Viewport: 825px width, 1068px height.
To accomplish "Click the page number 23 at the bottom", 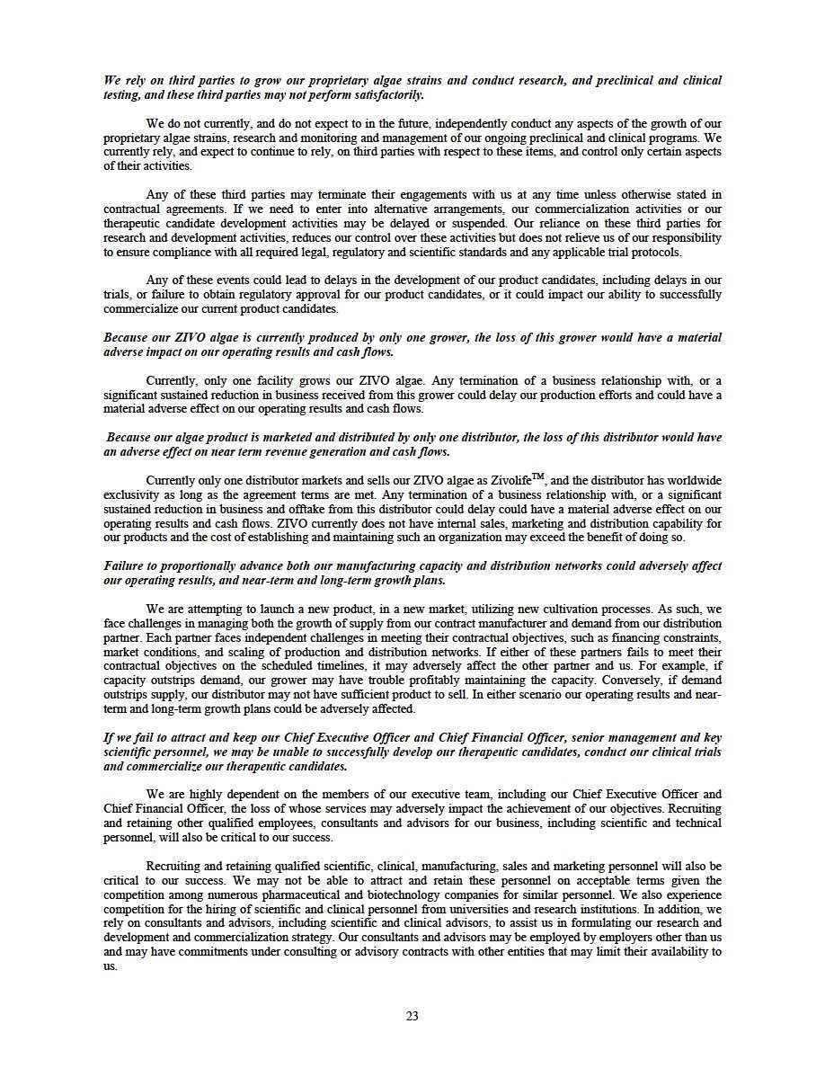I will click(x=412, y=1017).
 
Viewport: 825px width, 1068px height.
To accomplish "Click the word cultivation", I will click(x=588, y=609).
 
